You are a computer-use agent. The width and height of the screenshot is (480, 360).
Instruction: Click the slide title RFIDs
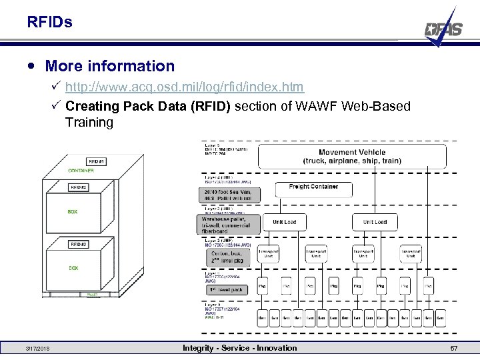click(x=50, y=23)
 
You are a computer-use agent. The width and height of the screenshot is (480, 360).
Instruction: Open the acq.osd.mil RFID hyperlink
click(x=185, y=87)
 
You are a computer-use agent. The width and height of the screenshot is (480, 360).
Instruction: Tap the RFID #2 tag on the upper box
click(x=79, y=187)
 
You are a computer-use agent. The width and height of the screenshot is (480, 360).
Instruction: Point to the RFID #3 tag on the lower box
click(x=79, y=245)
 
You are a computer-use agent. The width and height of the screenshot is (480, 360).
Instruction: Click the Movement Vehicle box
click(x=351, y=157)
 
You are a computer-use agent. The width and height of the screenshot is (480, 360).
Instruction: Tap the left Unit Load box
click(x=284, y=222)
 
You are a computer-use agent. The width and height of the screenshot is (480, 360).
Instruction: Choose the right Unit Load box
click(x=374, y=222)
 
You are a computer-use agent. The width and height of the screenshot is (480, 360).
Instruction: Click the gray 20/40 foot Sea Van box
click(x=229, y=194)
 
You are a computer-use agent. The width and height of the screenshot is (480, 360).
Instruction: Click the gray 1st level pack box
click(x=227, y=290)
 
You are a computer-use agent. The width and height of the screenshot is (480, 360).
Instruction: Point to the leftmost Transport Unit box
click(x=268, y=254)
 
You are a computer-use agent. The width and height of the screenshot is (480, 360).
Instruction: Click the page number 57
click(x=454, y=349)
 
